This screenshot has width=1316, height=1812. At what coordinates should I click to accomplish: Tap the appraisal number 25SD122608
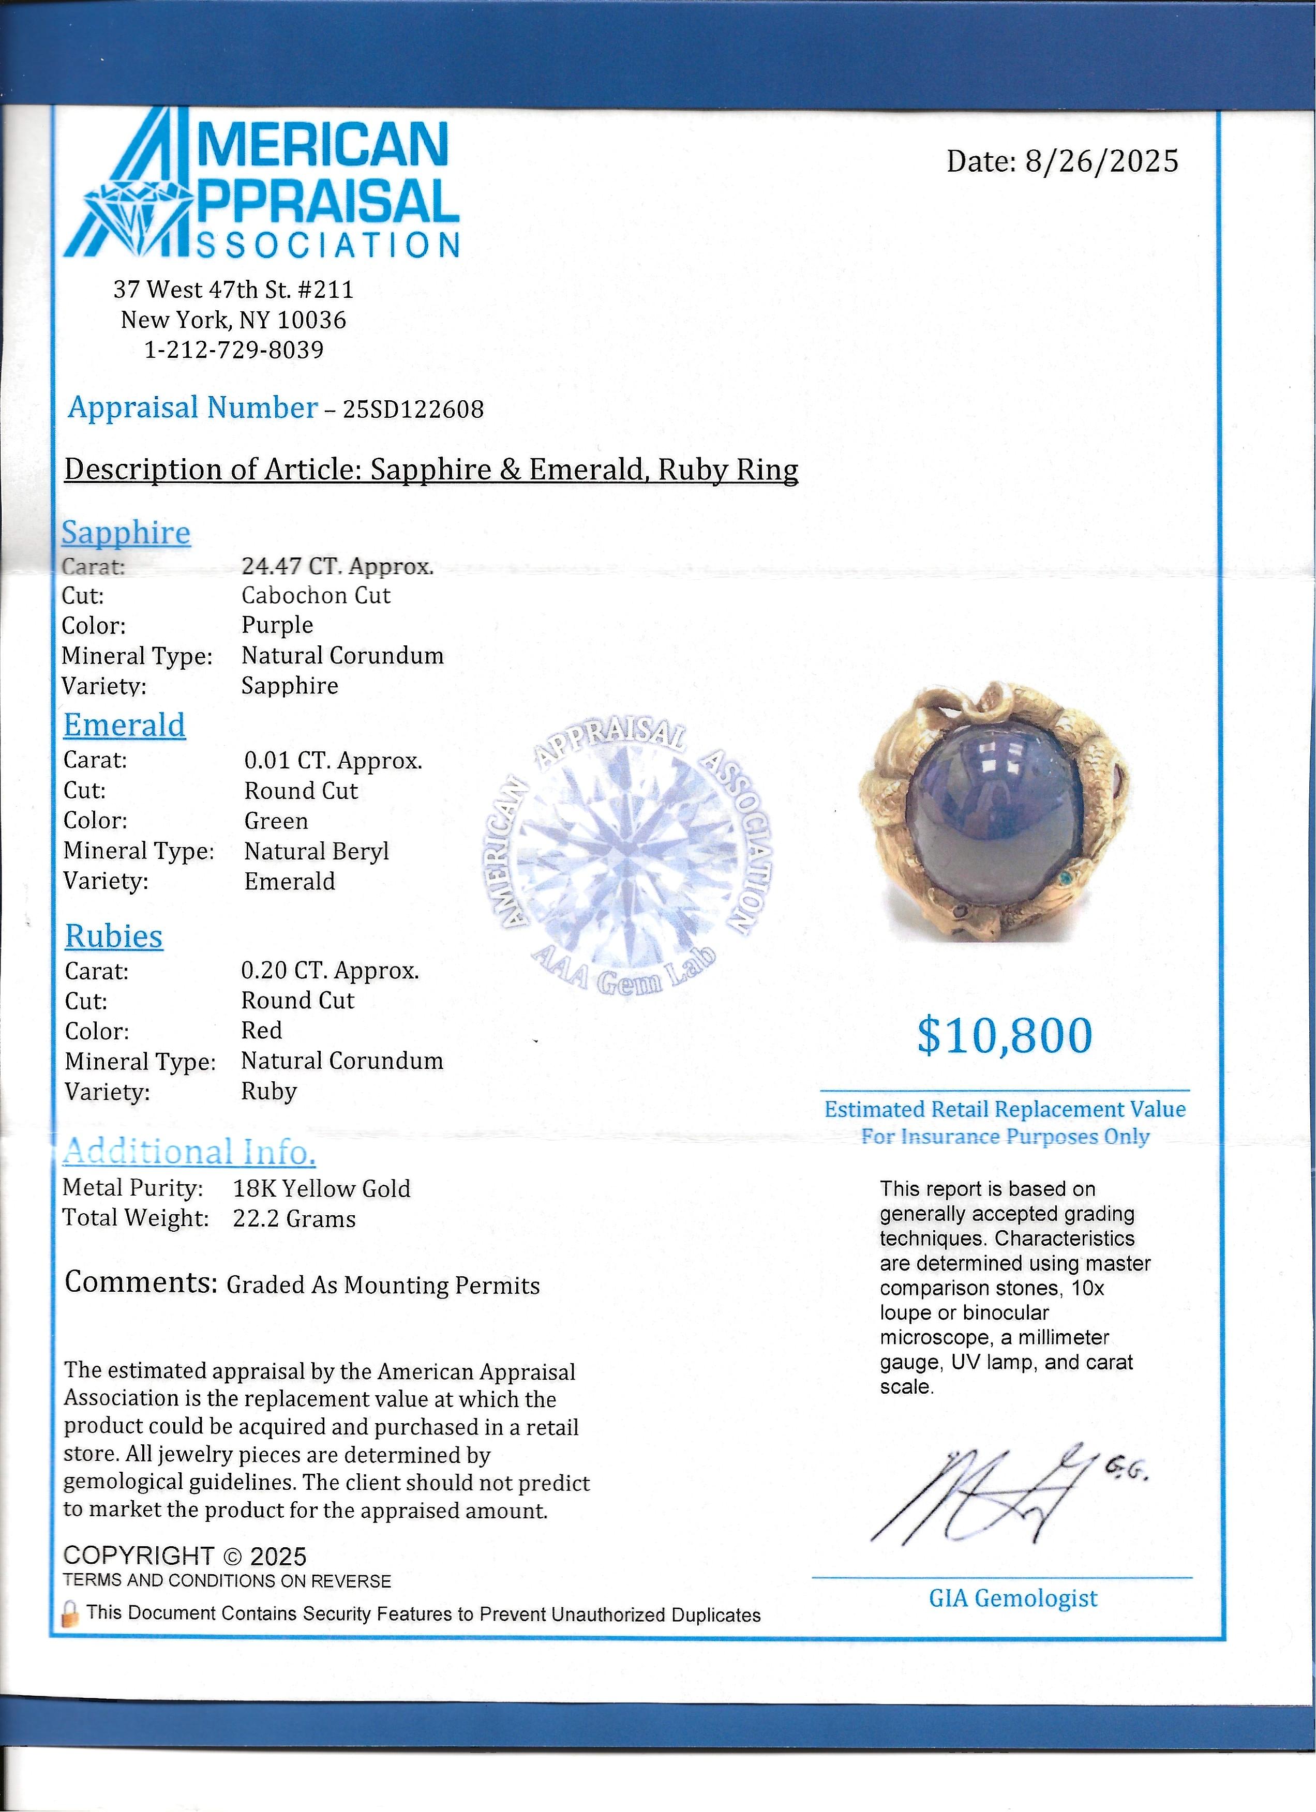pyautogui.click(x=413, y=410)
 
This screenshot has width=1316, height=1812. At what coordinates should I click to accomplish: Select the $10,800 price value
pyautogui.click(x=1005, y=1036)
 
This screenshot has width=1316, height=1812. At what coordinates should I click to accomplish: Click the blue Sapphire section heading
pyautogui.click(x=126, y=533)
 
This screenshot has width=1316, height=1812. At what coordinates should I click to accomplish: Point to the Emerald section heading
pyautogui.click(x=125, y=726)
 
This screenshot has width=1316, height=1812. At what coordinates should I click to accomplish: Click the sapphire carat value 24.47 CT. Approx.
pyautogui.click(x=337, y=566)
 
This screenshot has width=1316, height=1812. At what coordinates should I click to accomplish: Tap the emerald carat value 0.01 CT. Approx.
pyautogui.click(x=333, y=761)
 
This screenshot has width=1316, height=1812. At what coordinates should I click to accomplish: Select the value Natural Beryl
pyautogui.click(x=317, y=852)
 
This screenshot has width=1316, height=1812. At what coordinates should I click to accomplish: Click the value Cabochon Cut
pyautogui.click(x=316, y=596)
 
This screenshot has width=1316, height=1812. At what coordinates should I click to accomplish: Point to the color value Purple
pyautogui.click(x=277, y=626)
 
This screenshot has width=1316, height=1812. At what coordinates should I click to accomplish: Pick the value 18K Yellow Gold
pyautogui.click(x=321, y=1189)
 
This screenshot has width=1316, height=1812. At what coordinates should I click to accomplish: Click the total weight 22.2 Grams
pyautogui.click(x=294, y=1219)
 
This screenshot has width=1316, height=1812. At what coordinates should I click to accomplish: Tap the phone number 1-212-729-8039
pyautogui.click(x=234, y=350)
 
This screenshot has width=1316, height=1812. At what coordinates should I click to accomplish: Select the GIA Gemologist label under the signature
pyautogui.click(x=1012, y=1598)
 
